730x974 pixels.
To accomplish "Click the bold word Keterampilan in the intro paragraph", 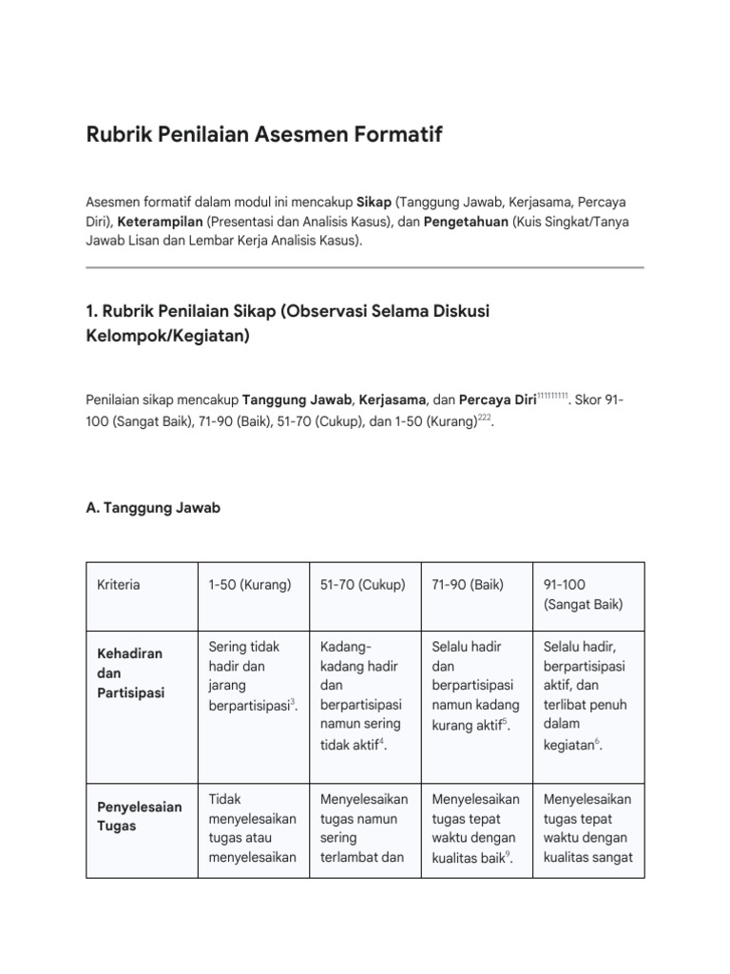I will (x=161, y=222).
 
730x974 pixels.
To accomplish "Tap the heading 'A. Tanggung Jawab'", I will (x=153, y=508).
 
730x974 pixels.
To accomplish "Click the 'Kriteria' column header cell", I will (x=119, y=584).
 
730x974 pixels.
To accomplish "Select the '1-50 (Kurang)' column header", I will (x=250, y=584).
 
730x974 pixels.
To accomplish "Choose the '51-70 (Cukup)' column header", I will (x=363, y=584).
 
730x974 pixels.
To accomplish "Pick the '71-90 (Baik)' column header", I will (x=468, y=584).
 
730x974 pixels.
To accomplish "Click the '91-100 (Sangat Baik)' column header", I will (x=583, y=594).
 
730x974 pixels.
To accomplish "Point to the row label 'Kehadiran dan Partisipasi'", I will (x=131, y=673).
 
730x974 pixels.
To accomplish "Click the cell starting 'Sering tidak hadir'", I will (x=249, y=675).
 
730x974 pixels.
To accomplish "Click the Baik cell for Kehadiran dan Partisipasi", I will (x=474, y=685).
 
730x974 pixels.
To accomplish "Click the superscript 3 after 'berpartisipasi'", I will (x=293, y=701).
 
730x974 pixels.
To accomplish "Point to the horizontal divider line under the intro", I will (x=365, y=267).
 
